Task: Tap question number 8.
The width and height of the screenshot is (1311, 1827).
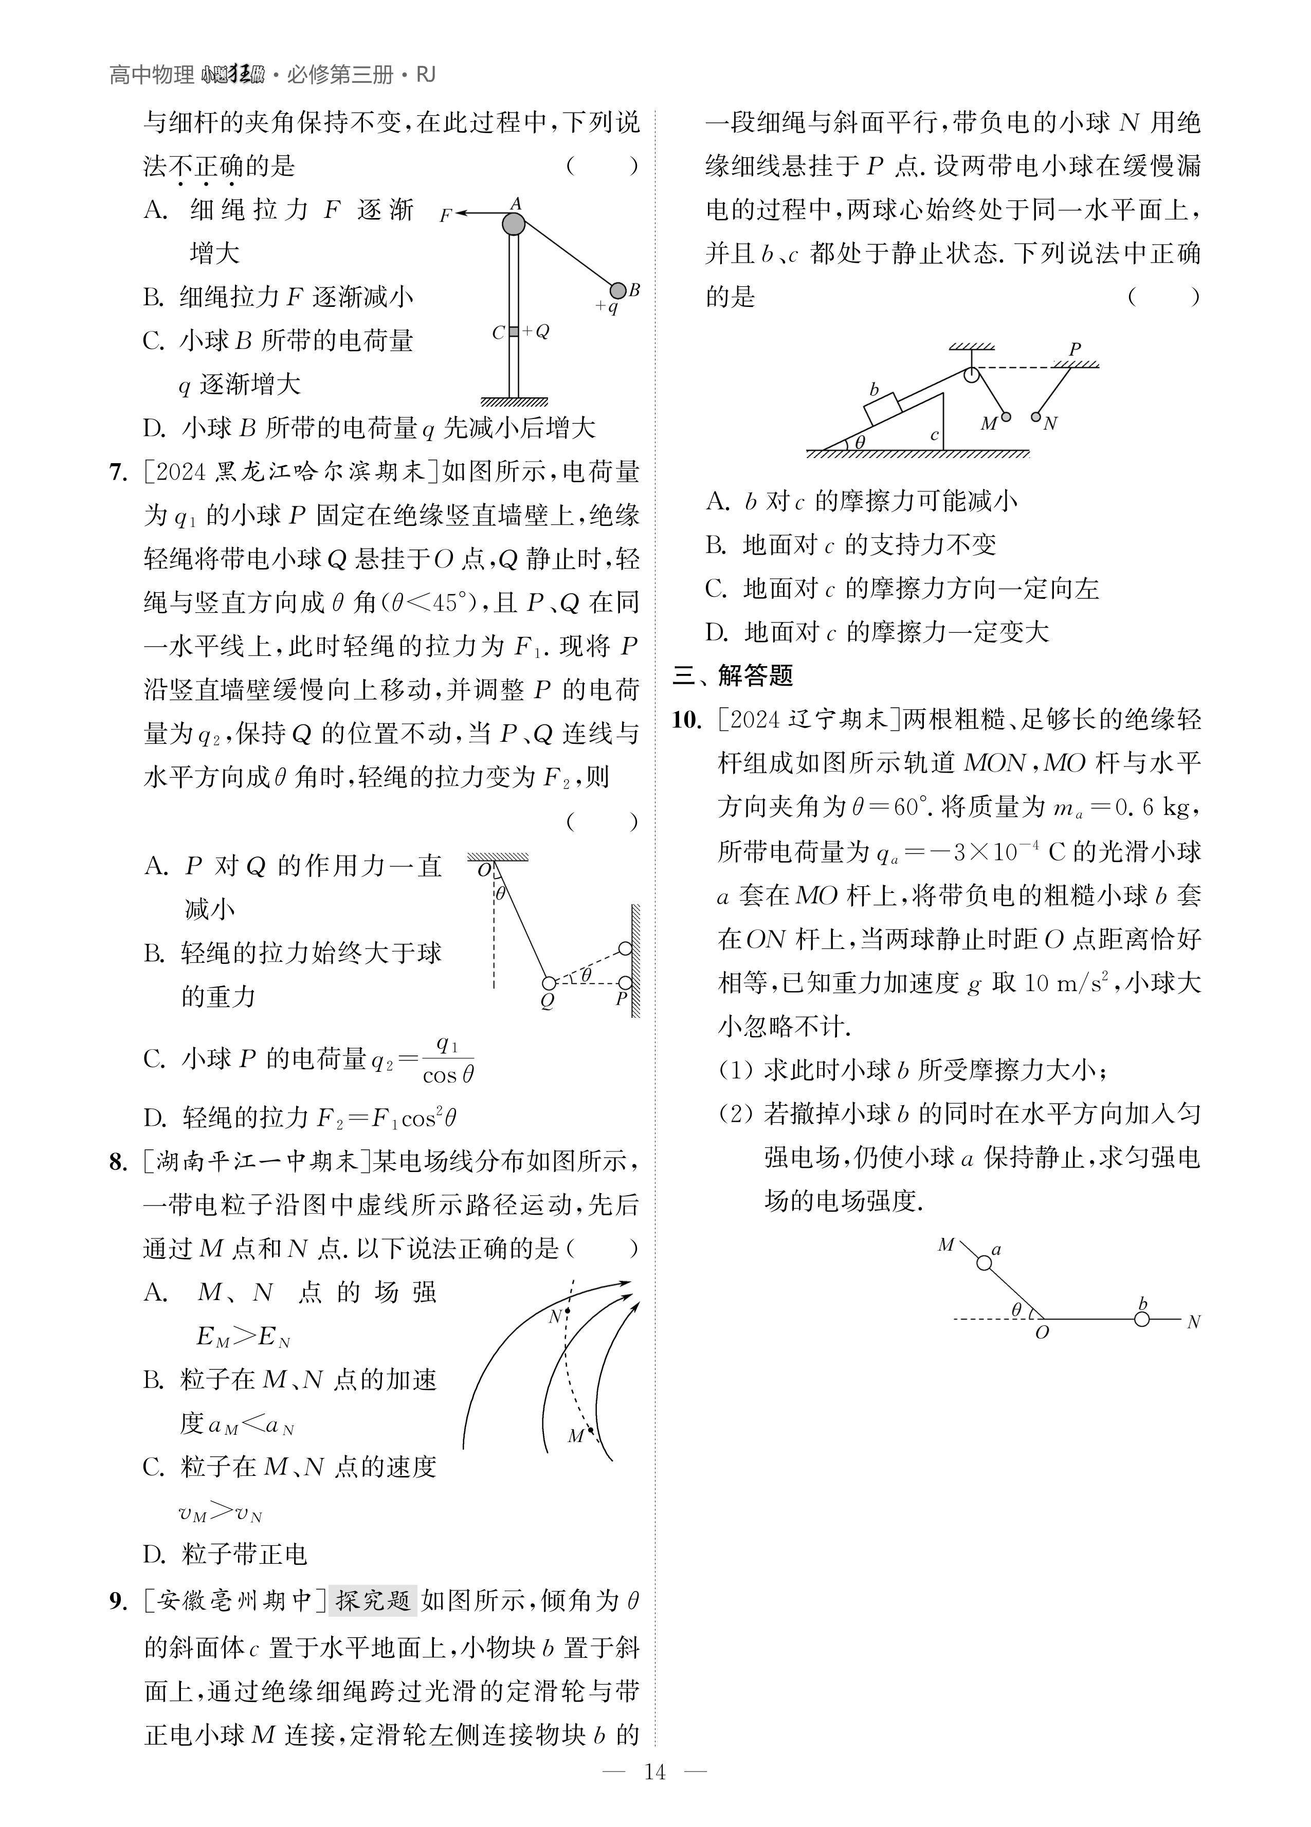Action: (x=118, y=1162)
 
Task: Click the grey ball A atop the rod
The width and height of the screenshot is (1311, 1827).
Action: (x=513, y=224)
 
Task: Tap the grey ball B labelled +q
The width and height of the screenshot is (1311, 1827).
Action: (x=617, y=290)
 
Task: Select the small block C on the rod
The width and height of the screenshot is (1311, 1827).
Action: (x=513, y=331)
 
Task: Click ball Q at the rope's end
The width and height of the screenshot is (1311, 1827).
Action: (x=549, y=983)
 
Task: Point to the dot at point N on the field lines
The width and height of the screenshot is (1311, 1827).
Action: (x=567, y=1311)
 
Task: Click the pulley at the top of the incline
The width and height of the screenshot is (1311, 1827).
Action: (x=972, y=373)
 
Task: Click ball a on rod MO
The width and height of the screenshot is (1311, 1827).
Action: (x=984, y=1263)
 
